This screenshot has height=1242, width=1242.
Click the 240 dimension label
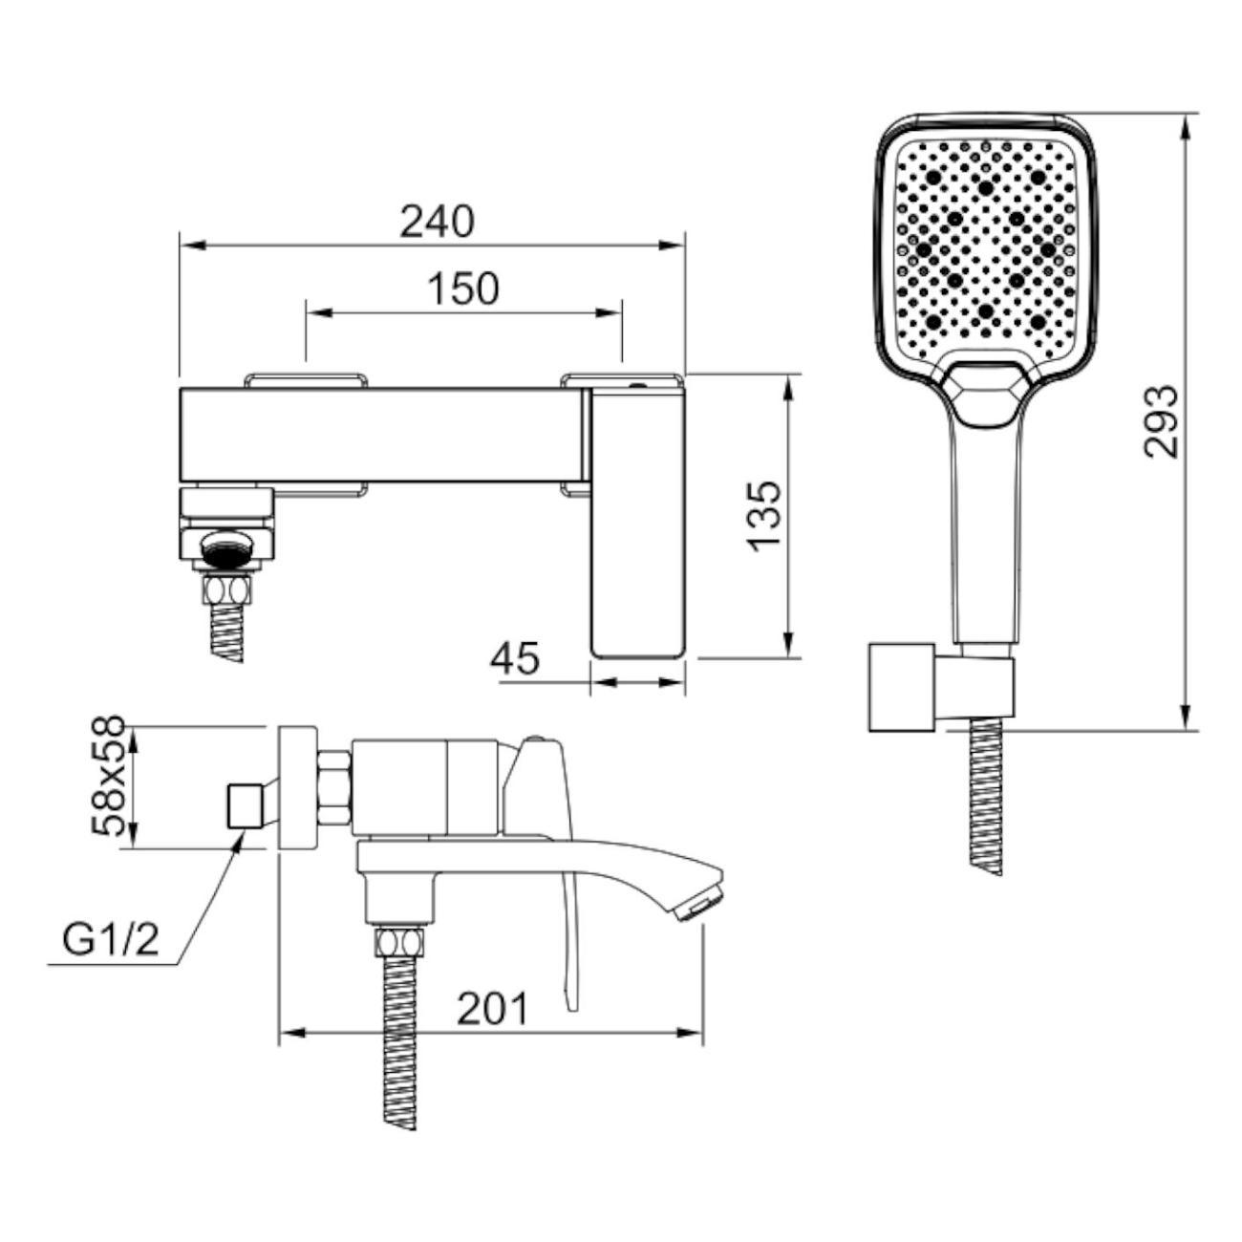437,222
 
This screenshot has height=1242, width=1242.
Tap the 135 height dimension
765,517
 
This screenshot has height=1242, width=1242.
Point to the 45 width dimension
514,658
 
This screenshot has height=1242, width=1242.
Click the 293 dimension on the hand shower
1161,421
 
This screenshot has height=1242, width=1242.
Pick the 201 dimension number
493,1009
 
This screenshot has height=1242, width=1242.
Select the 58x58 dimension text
106,776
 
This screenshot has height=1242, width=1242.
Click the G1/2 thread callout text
110,942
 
